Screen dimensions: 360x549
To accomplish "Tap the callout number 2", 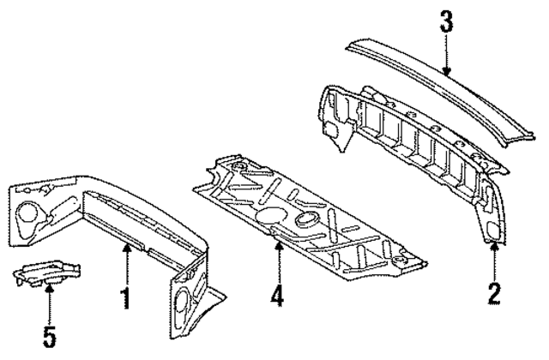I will click(x=494, y=293).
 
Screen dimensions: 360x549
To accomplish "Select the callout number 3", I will click(x=446, y=21).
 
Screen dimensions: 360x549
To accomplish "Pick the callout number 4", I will click(x=276, y=297).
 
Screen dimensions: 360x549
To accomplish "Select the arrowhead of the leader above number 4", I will click(x=276, y=244).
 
